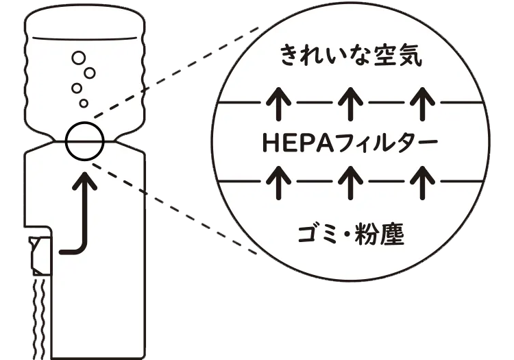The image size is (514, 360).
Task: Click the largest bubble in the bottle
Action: pos(79,57)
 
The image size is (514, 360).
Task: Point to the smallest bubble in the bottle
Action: pos(84,103)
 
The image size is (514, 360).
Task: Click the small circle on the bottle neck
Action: pos(85,140)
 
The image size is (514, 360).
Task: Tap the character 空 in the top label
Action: pos(384,56)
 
